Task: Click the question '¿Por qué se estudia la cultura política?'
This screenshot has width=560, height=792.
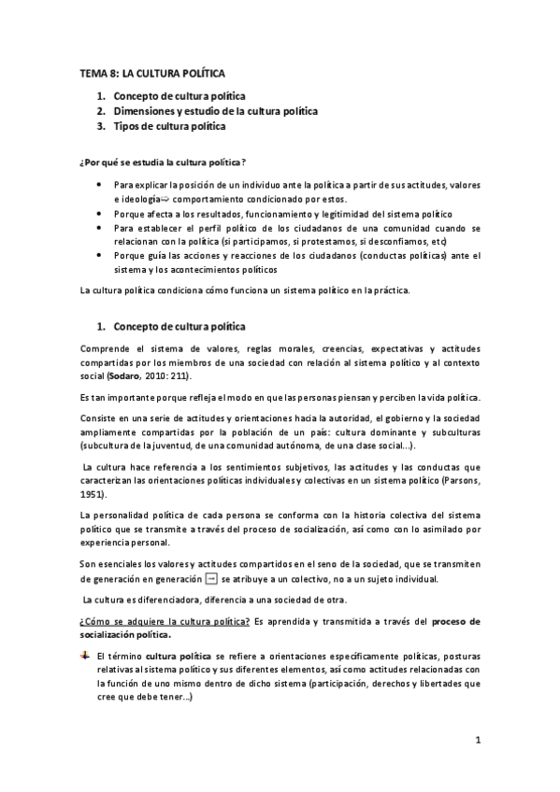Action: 162,162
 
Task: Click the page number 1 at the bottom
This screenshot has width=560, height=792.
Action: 477,742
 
